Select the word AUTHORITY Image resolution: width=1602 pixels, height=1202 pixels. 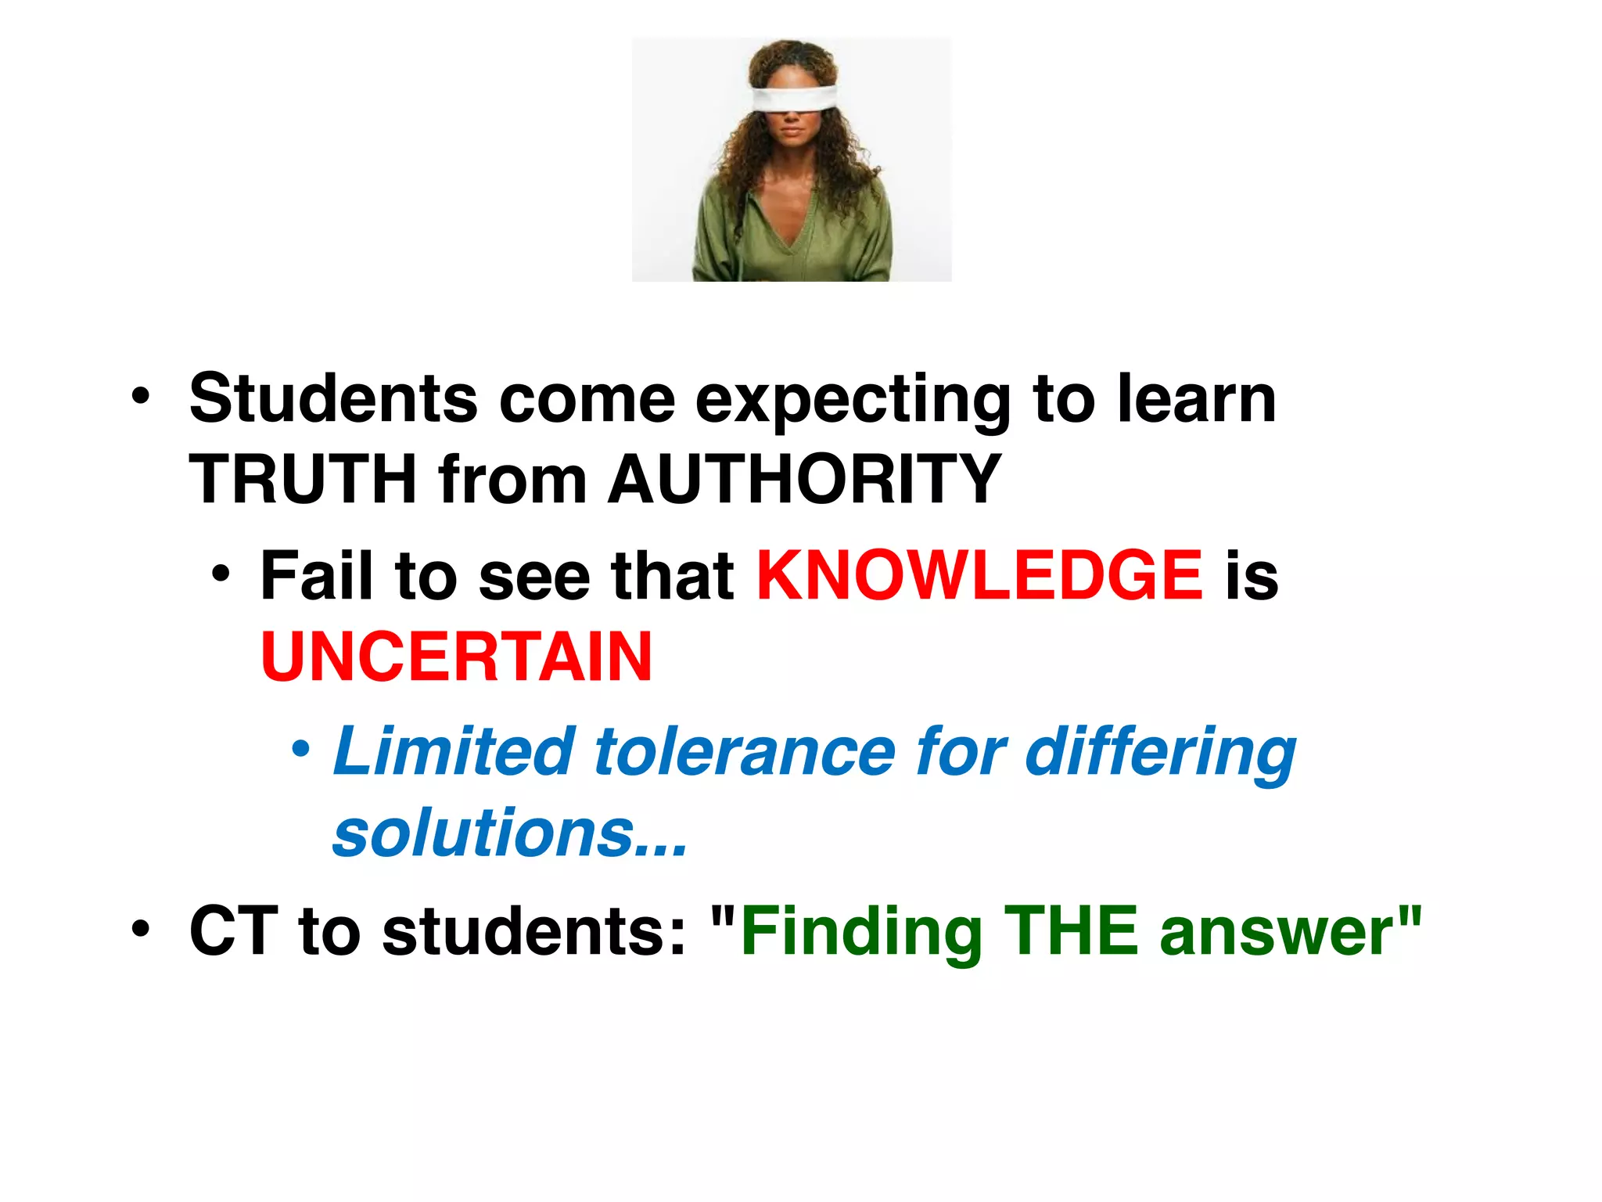tap(805, 479)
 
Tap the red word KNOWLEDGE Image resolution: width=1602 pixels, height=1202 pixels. tap(979, 576)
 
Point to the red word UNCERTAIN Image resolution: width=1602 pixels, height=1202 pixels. tap(456, 657)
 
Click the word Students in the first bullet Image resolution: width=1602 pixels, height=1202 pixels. tap(333, 399)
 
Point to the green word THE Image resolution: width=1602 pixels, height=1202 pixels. tap(1071, 931)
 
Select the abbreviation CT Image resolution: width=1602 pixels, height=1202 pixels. tap(233, 931)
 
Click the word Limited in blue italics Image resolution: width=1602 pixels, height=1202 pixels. tap(454, 751)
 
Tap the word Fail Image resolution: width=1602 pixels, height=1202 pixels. tap(316, 576)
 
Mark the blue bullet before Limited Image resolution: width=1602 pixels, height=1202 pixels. tap(300, 750)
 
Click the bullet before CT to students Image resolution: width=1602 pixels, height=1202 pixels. tap(140, 930)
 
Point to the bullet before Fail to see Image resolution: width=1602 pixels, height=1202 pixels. tap(221, 574)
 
